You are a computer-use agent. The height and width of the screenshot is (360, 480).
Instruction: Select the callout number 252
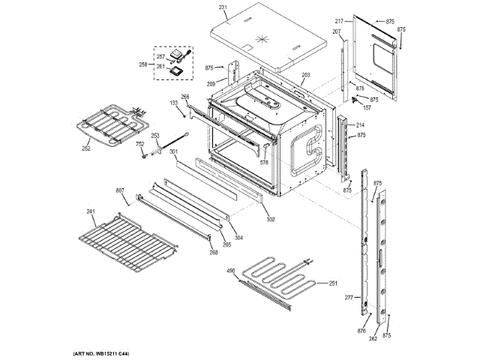click(x=86, y=148)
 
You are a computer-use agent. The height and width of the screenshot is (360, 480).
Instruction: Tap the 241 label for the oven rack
click(x=91, y=211)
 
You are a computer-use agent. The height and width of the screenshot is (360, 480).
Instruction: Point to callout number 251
click(x=333, y=283)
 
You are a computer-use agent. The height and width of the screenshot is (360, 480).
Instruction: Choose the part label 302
click(x=270, y=220)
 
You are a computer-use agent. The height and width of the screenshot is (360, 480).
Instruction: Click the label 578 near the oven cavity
click(x=264, y=162)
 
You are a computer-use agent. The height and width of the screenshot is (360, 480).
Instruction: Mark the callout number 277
click(x=348, y=298)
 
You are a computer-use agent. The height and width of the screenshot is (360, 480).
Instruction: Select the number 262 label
click(x=373, y=338)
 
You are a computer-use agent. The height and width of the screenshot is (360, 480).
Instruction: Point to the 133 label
click(x=173, y=102)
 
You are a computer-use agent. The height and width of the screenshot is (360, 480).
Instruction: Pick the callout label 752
click(x=139, y=145)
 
